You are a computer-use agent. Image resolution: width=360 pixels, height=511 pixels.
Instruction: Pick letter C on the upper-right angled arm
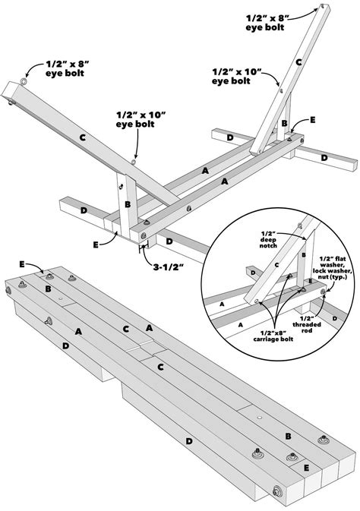tap(298, 63)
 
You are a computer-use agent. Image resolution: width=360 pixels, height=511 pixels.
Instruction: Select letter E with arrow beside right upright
tap(311, 120)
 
